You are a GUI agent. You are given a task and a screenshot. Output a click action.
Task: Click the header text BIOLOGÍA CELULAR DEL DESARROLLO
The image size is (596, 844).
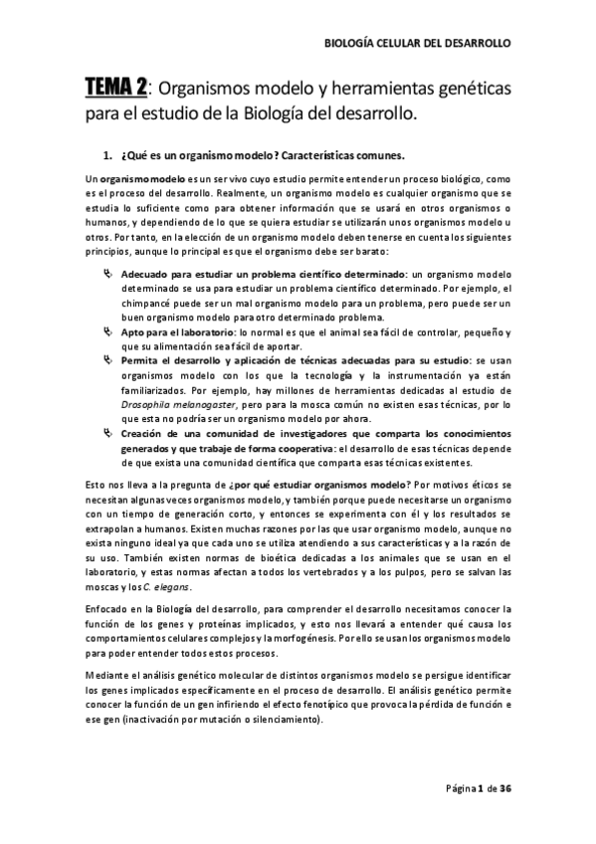(x=419, y=45)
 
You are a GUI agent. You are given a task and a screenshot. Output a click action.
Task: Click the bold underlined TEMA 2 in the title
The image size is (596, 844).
(x=115, y=90)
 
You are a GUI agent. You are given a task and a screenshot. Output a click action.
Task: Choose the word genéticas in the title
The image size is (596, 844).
(x=468, y=90)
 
